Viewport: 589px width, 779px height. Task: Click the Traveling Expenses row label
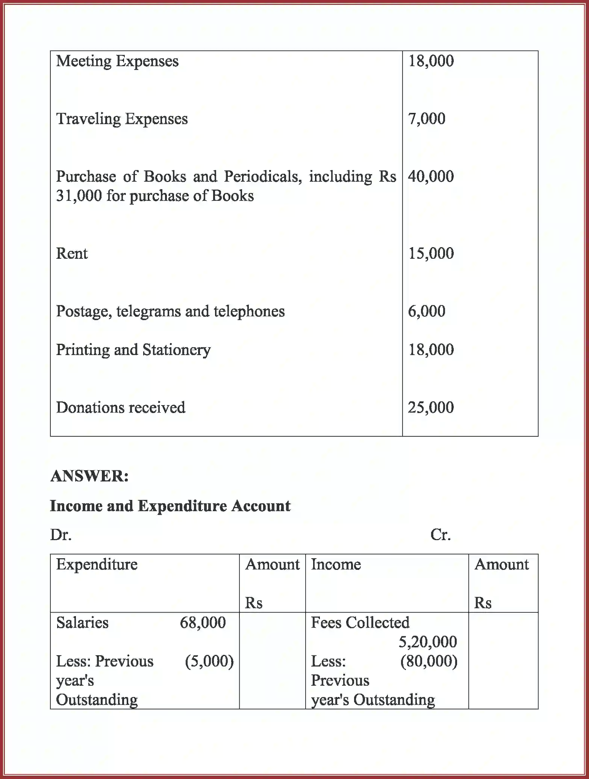pyautogui.click(x=122, y=119)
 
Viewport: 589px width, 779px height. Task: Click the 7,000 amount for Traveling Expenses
pyautogui.click(x=427, y=119)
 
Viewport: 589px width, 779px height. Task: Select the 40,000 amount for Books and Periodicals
pyautogui.click(x=431, y=176)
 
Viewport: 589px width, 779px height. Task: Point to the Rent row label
pyautogui.click(x=72, y=254)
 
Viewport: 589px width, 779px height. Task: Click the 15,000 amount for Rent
pyautogui.click(x=431, y=254)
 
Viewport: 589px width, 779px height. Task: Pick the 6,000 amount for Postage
pyautogui.click(x=427, y=311)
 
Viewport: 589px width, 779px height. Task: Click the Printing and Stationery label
pyautogui.click(x=133, y=350)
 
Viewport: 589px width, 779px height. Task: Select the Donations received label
pyautogui.click(x=121, y=407)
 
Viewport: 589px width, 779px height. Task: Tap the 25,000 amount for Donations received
pyautogui.click(x=431, y=407)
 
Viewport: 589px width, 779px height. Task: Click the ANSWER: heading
pyautogui.click(x=89, y=476)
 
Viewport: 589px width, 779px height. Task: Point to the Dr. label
pyautogui.click(x=61, y=535)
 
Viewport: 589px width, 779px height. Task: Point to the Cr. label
pyautogui.click(x=440, y=535)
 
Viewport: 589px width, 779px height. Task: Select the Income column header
pyautogui.click(x=336, y=565)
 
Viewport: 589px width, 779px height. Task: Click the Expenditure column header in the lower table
pyautogui.click(x=97, y=565)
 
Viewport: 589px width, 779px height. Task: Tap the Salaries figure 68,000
pyautogui.click(x=203, y=623)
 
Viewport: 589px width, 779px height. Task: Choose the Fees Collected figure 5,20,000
pyautogui.click(x=427, y=642)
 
